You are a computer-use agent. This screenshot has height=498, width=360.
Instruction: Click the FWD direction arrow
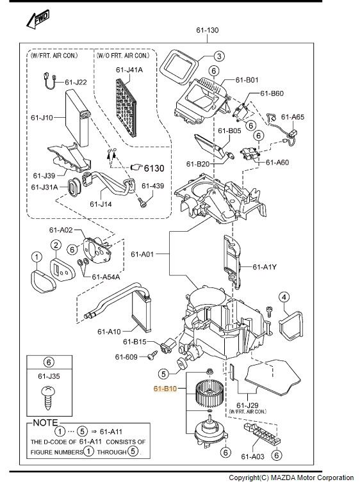click(38, 19)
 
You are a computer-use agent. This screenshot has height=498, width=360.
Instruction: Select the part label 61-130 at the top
click(207, 30)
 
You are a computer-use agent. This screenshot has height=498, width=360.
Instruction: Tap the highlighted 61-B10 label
click(165, 389)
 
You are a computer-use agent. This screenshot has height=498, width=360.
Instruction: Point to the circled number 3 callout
click(219, 56)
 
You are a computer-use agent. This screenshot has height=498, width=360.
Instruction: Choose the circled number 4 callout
click(284, 297)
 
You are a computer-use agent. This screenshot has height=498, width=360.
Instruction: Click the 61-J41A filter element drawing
click(126, 108)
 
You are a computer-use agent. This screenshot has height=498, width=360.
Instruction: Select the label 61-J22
click(76, 82)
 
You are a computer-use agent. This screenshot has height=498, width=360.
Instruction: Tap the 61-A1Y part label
click(265, 267)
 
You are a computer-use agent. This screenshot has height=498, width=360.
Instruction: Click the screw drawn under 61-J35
click(48, 398)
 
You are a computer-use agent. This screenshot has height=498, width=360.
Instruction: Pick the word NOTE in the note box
click(45, 422)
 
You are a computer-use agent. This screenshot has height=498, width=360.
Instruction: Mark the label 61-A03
click(252, 456)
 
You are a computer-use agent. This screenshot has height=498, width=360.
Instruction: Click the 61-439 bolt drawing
click(143, 202)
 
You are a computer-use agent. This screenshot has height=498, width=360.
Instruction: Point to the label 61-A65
click(293, 117)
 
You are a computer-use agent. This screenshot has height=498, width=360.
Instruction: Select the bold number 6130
click(154, 168)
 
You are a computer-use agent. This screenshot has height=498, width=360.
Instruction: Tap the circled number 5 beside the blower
click(163, 374)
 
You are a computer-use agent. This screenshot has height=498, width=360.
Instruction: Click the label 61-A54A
click(106, 277)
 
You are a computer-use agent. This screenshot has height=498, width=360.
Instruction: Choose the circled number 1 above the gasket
click(37, 257)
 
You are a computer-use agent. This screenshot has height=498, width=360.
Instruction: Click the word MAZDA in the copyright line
click(283, 478)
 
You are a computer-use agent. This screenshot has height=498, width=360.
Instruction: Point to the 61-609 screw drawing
click(152, 355)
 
